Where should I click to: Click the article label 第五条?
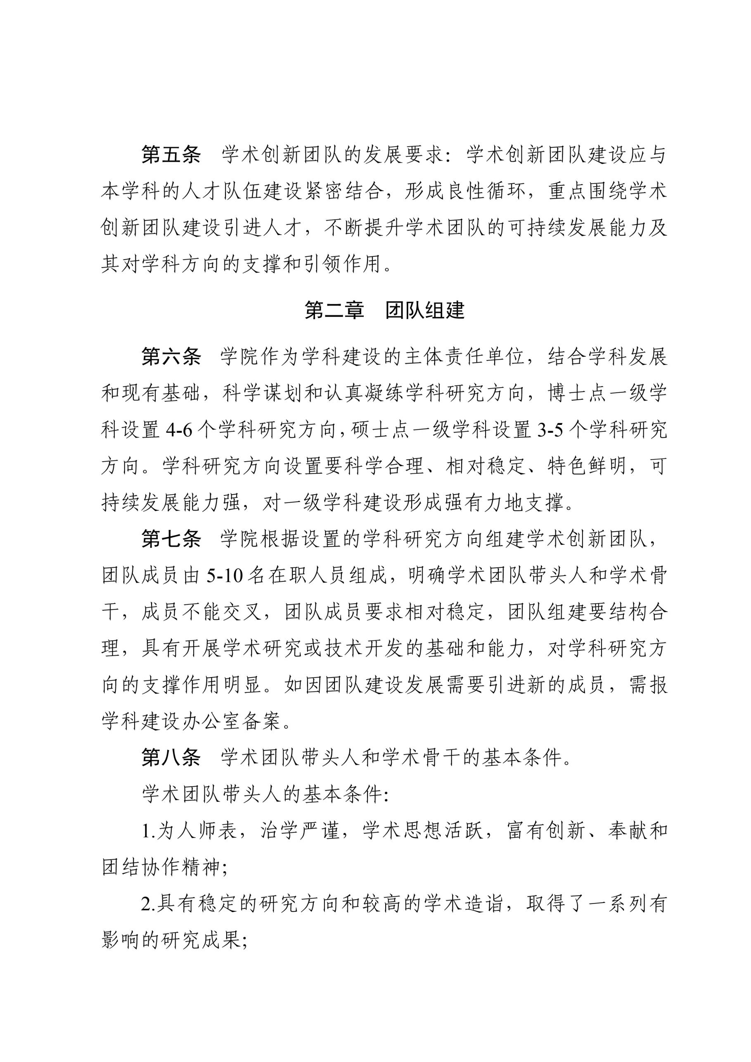(171, 155)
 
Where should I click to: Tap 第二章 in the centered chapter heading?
(334, 311)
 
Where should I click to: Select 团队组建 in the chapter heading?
(424, 311)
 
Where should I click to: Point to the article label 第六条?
(171, 357)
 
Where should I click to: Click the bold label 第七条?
(171, 539)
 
